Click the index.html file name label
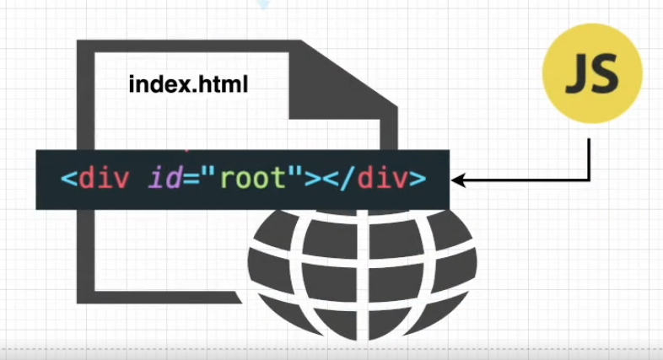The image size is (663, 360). coord(188,84)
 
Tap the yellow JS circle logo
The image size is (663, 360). coord(591,74)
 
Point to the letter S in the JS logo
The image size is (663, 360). coord(606,75)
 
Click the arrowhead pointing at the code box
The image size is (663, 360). coord(458,180)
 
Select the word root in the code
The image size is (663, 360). coord(261,179)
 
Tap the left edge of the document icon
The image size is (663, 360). coord(84,253)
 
